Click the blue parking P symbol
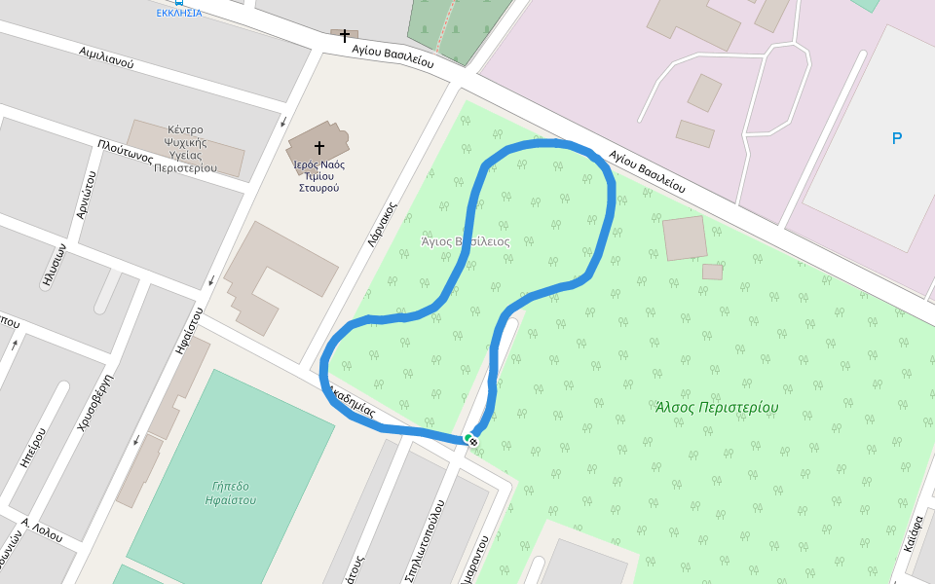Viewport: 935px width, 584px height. (897, 139)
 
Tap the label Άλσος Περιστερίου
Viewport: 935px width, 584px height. (717, 407)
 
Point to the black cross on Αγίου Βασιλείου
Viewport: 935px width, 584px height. (344, 36)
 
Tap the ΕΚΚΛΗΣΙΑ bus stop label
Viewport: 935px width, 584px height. (179, 13)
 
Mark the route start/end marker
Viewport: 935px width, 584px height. (471, 440)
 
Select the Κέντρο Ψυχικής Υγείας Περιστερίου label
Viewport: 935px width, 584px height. (185, 148)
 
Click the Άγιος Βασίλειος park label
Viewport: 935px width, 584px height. (465, 240)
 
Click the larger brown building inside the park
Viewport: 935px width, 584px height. (684, 237)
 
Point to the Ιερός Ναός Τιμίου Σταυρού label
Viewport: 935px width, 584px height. (318, 176)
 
